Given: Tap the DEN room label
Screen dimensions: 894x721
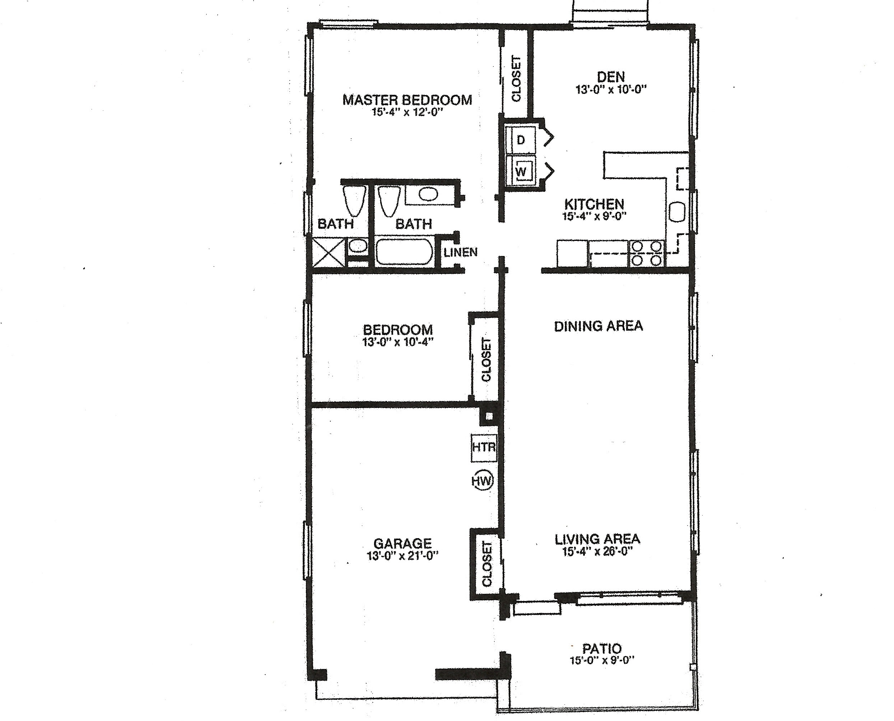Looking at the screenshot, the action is click(x=611, y=77).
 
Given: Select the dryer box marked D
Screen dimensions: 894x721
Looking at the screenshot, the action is click(x=521, y=140).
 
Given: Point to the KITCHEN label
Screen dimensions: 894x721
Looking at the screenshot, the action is click(x=594, y=204).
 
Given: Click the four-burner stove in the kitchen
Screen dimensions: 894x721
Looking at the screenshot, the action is click(x=647, y=253).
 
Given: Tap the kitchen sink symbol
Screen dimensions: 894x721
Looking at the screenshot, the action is click(x=678, y=213).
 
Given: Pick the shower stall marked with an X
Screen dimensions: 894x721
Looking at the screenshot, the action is click(x=329, y=252).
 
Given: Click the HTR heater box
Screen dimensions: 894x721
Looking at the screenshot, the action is click(x=484, y=448).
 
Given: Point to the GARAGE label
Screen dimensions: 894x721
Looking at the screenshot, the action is click(x=402, y=544).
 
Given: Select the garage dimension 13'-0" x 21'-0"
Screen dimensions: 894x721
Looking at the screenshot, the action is click(x=402, y=556).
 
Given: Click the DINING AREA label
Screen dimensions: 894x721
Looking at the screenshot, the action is click(x=599, y=326).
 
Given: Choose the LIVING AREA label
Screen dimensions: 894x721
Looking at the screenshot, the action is click(x=597, y=539).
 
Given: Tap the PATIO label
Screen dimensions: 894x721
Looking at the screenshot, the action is click(x=602, y=648).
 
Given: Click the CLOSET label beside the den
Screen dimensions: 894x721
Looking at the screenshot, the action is click(x=516, y=79).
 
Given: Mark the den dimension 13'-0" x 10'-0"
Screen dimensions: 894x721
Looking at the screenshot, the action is click(x=611, y=89).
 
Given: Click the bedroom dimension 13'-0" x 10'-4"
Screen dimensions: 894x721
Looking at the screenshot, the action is click(x=398, y=342).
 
